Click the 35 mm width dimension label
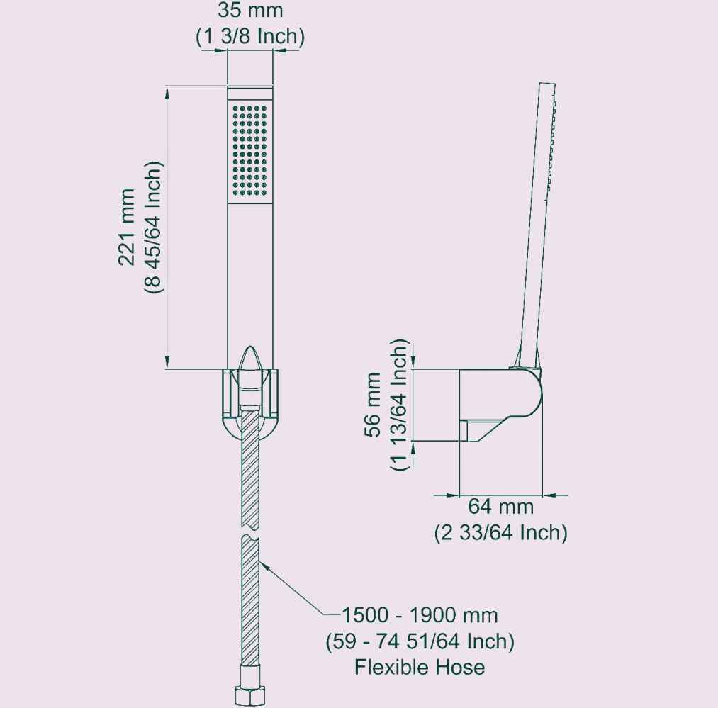coord(250,11)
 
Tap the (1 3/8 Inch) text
coord(250,36)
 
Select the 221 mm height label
coord(127,227)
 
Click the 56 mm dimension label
coord(373,405)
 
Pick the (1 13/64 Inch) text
coord(398,405)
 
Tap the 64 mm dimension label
coord(500,507)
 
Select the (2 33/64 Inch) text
coord(500,533)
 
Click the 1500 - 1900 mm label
coord(420,615)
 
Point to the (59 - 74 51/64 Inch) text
coord(420,641)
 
